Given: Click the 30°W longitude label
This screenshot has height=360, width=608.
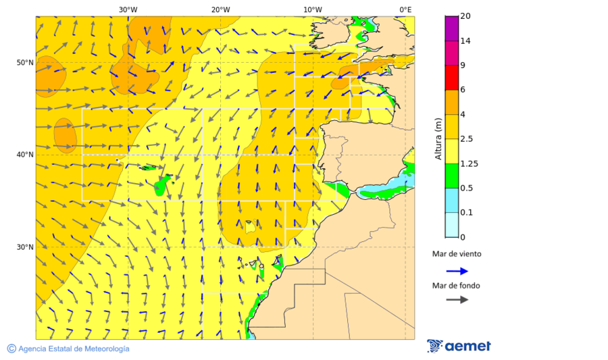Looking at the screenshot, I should (127, 9).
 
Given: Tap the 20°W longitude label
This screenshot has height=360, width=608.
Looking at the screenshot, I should (220, 9).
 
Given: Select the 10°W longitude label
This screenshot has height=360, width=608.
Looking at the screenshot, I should (312, 9).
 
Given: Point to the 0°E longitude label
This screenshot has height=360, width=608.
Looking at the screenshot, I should (405, 9).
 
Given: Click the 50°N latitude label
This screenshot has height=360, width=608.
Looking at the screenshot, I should (25, 63).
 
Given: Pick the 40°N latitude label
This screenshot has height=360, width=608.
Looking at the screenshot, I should (25, 155).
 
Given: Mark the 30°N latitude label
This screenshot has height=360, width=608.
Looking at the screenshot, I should (25, 247).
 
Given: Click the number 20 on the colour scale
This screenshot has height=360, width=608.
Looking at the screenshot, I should (465, 16).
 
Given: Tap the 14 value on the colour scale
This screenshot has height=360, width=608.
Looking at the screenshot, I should (465, 41).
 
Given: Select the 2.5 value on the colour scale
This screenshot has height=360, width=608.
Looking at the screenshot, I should (466, 139).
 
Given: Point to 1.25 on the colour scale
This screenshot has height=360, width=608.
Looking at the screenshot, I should (468, 163).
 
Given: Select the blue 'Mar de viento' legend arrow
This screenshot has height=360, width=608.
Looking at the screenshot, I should (457, 271).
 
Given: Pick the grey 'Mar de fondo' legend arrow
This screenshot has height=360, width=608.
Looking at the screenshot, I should (457, 299).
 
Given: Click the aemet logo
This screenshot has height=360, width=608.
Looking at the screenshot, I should (459, 346).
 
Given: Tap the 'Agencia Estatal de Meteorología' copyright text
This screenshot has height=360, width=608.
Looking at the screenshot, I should (68, 349).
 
